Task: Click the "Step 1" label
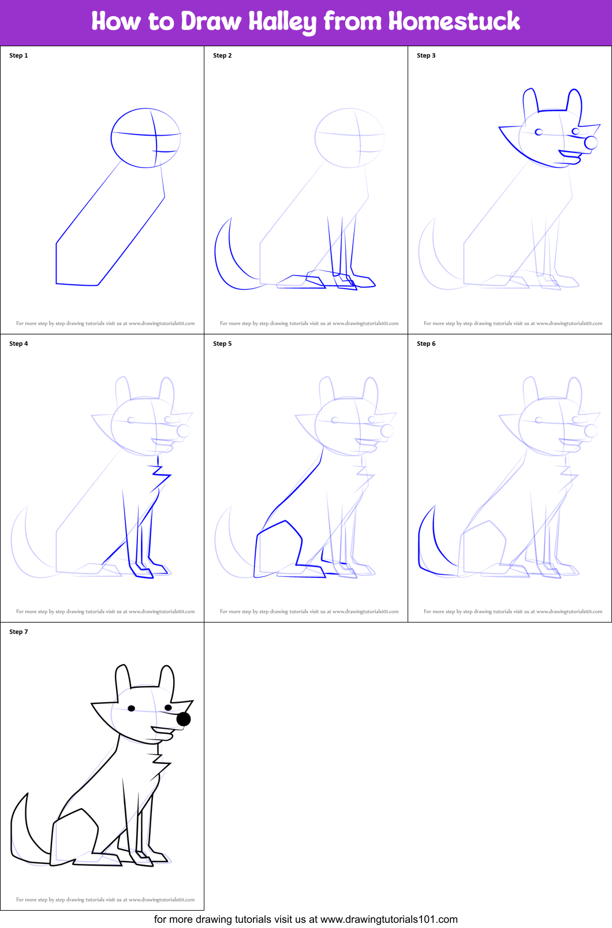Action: [18, 55]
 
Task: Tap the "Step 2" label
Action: [222, 55]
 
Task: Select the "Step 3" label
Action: [426, 55]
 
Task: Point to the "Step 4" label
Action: [18, 344]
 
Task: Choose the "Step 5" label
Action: [222, 344]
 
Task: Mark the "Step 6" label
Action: [426, 344]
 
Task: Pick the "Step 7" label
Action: [18, 632]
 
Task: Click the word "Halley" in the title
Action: [282, 22]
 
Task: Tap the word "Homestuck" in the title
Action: [454, 21]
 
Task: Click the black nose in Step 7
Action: [184, 719]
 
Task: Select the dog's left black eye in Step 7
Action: [132, 708]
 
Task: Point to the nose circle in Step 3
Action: [591, 142]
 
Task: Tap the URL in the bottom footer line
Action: [389, 919]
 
